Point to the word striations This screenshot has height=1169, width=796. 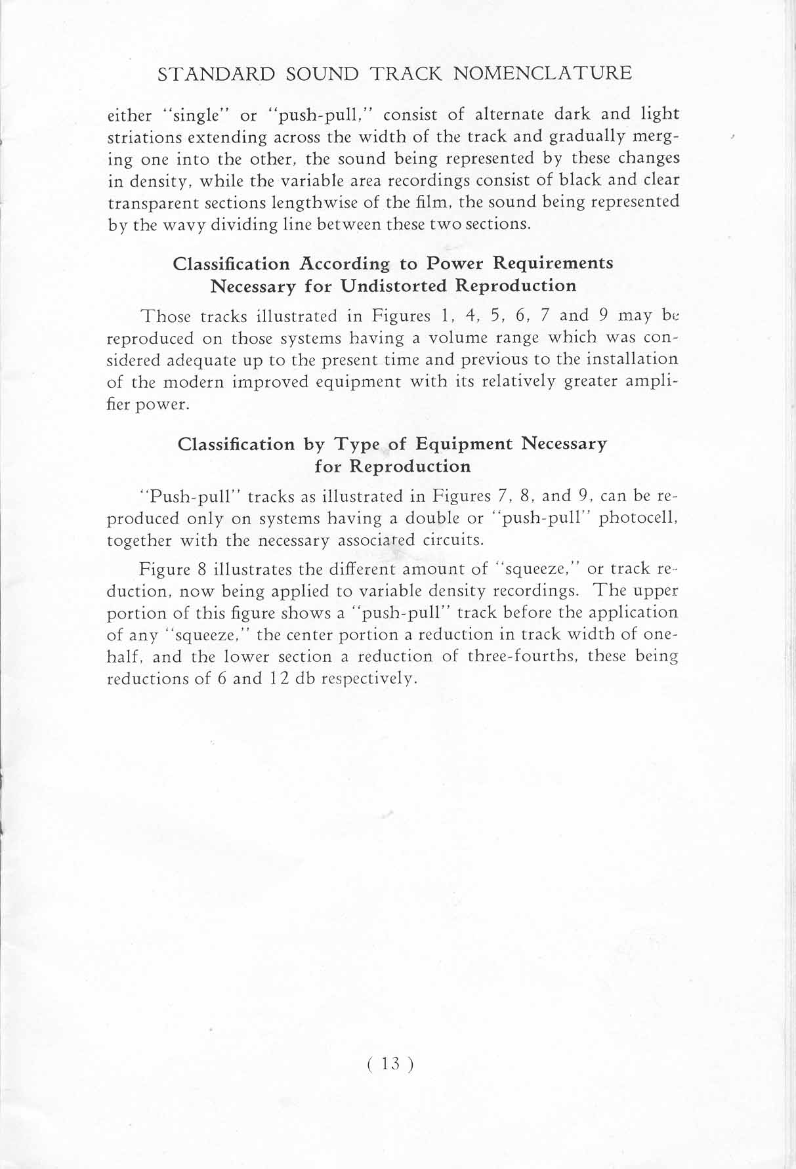(144, 138)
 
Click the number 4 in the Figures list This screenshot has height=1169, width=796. (469, 316)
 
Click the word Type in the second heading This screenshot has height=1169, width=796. (359, 444)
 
